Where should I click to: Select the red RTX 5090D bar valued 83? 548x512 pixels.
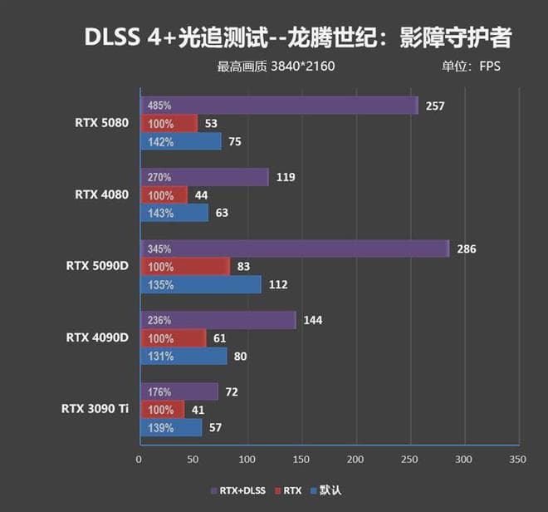184,267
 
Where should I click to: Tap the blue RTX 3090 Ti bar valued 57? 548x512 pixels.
170,427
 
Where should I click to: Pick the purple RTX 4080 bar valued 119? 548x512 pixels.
203,177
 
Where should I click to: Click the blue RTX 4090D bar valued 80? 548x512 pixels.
183,356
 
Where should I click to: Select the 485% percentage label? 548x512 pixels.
159,106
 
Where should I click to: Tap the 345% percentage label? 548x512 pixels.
159,249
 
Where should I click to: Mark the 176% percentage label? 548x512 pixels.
159,391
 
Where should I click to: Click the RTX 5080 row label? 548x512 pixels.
102,123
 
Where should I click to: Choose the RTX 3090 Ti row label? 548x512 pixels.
95,409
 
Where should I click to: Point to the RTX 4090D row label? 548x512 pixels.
97,337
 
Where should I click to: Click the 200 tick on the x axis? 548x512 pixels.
355,459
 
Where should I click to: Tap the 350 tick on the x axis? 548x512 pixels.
518,459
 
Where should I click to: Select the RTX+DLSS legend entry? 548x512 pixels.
241,490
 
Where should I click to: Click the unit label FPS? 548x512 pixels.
490,66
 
